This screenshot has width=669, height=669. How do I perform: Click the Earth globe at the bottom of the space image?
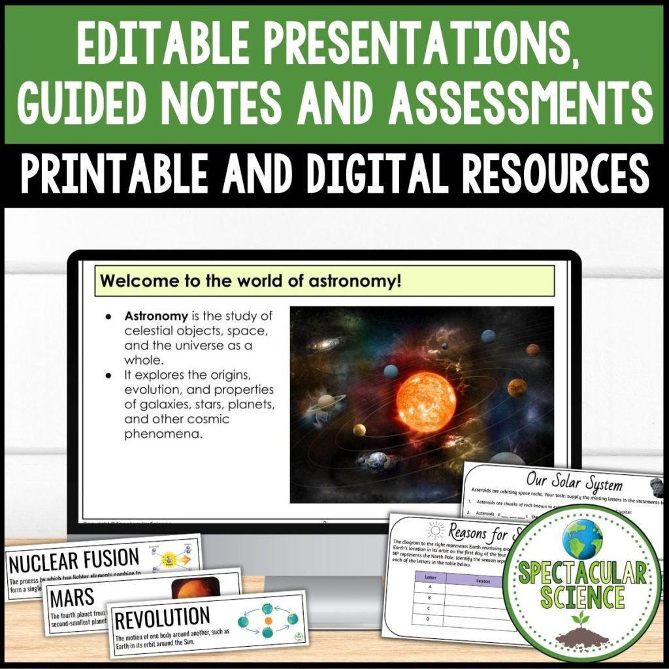pyautogui.click(x=378, y=460)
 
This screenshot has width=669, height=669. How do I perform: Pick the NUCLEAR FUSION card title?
pyautogui.click(x=74, y=559)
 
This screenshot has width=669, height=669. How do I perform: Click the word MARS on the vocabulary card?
pyautogui.click(x=71, y=596)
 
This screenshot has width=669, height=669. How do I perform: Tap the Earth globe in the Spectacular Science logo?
pyautogui.click(x=583, y=538)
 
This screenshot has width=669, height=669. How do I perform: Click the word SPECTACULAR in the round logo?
pyautogui.click(x=583, y=574)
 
